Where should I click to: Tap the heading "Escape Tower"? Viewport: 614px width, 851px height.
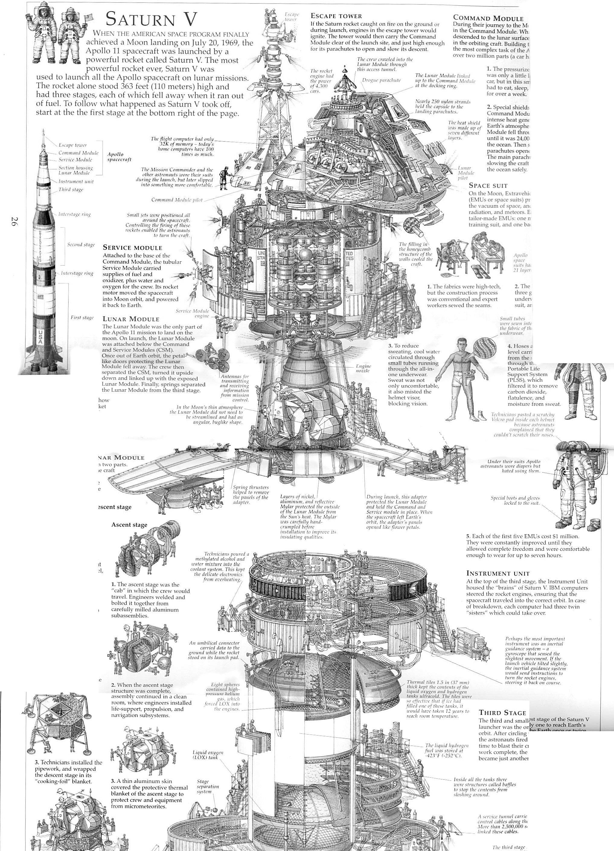(336, 16)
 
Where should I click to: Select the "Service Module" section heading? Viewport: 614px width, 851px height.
(133, 248)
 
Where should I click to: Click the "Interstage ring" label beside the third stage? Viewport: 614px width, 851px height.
(74, 214)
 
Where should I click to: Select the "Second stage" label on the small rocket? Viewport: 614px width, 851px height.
(81, 245)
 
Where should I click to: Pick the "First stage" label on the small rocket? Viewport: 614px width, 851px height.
(82, 317)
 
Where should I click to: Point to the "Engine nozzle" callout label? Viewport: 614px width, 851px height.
(363, 368)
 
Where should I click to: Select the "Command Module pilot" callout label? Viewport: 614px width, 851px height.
(177, 200)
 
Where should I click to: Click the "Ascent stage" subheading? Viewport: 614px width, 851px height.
(129, 525)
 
